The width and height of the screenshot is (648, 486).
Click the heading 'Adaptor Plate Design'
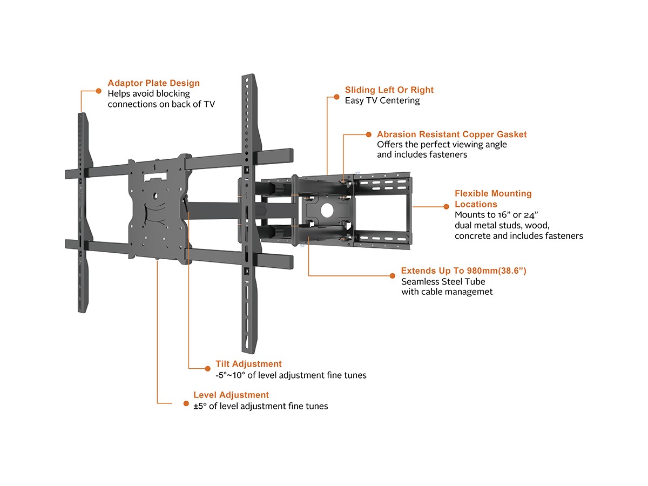tap(153, 83)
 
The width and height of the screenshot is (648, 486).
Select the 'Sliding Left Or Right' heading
tap(389, 90)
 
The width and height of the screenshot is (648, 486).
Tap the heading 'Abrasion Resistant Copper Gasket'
tap(451, 134)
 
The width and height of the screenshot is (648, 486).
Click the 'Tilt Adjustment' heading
tap(248, 364)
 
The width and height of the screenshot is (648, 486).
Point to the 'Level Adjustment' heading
tap(231, 395)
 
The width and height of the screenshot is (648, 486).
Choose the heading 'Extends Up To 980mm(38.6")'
tap(463, 271)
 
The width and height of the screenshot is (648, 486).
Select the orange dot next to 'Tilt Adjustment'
tap(206, 368)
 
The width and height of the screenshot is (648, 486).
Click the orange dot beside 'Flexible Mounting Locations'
tap(446, 206)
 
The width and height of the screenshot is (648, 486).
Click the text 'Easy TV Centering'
tap(382, 100)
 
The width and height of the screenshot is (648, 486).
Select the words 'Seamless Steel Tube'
tap(443, 281)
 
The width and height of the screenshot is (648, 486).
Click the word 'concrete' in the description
tap(472, 236)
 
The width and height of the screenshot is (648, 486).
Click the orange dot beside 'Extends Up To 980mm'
tap(393, 275)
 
